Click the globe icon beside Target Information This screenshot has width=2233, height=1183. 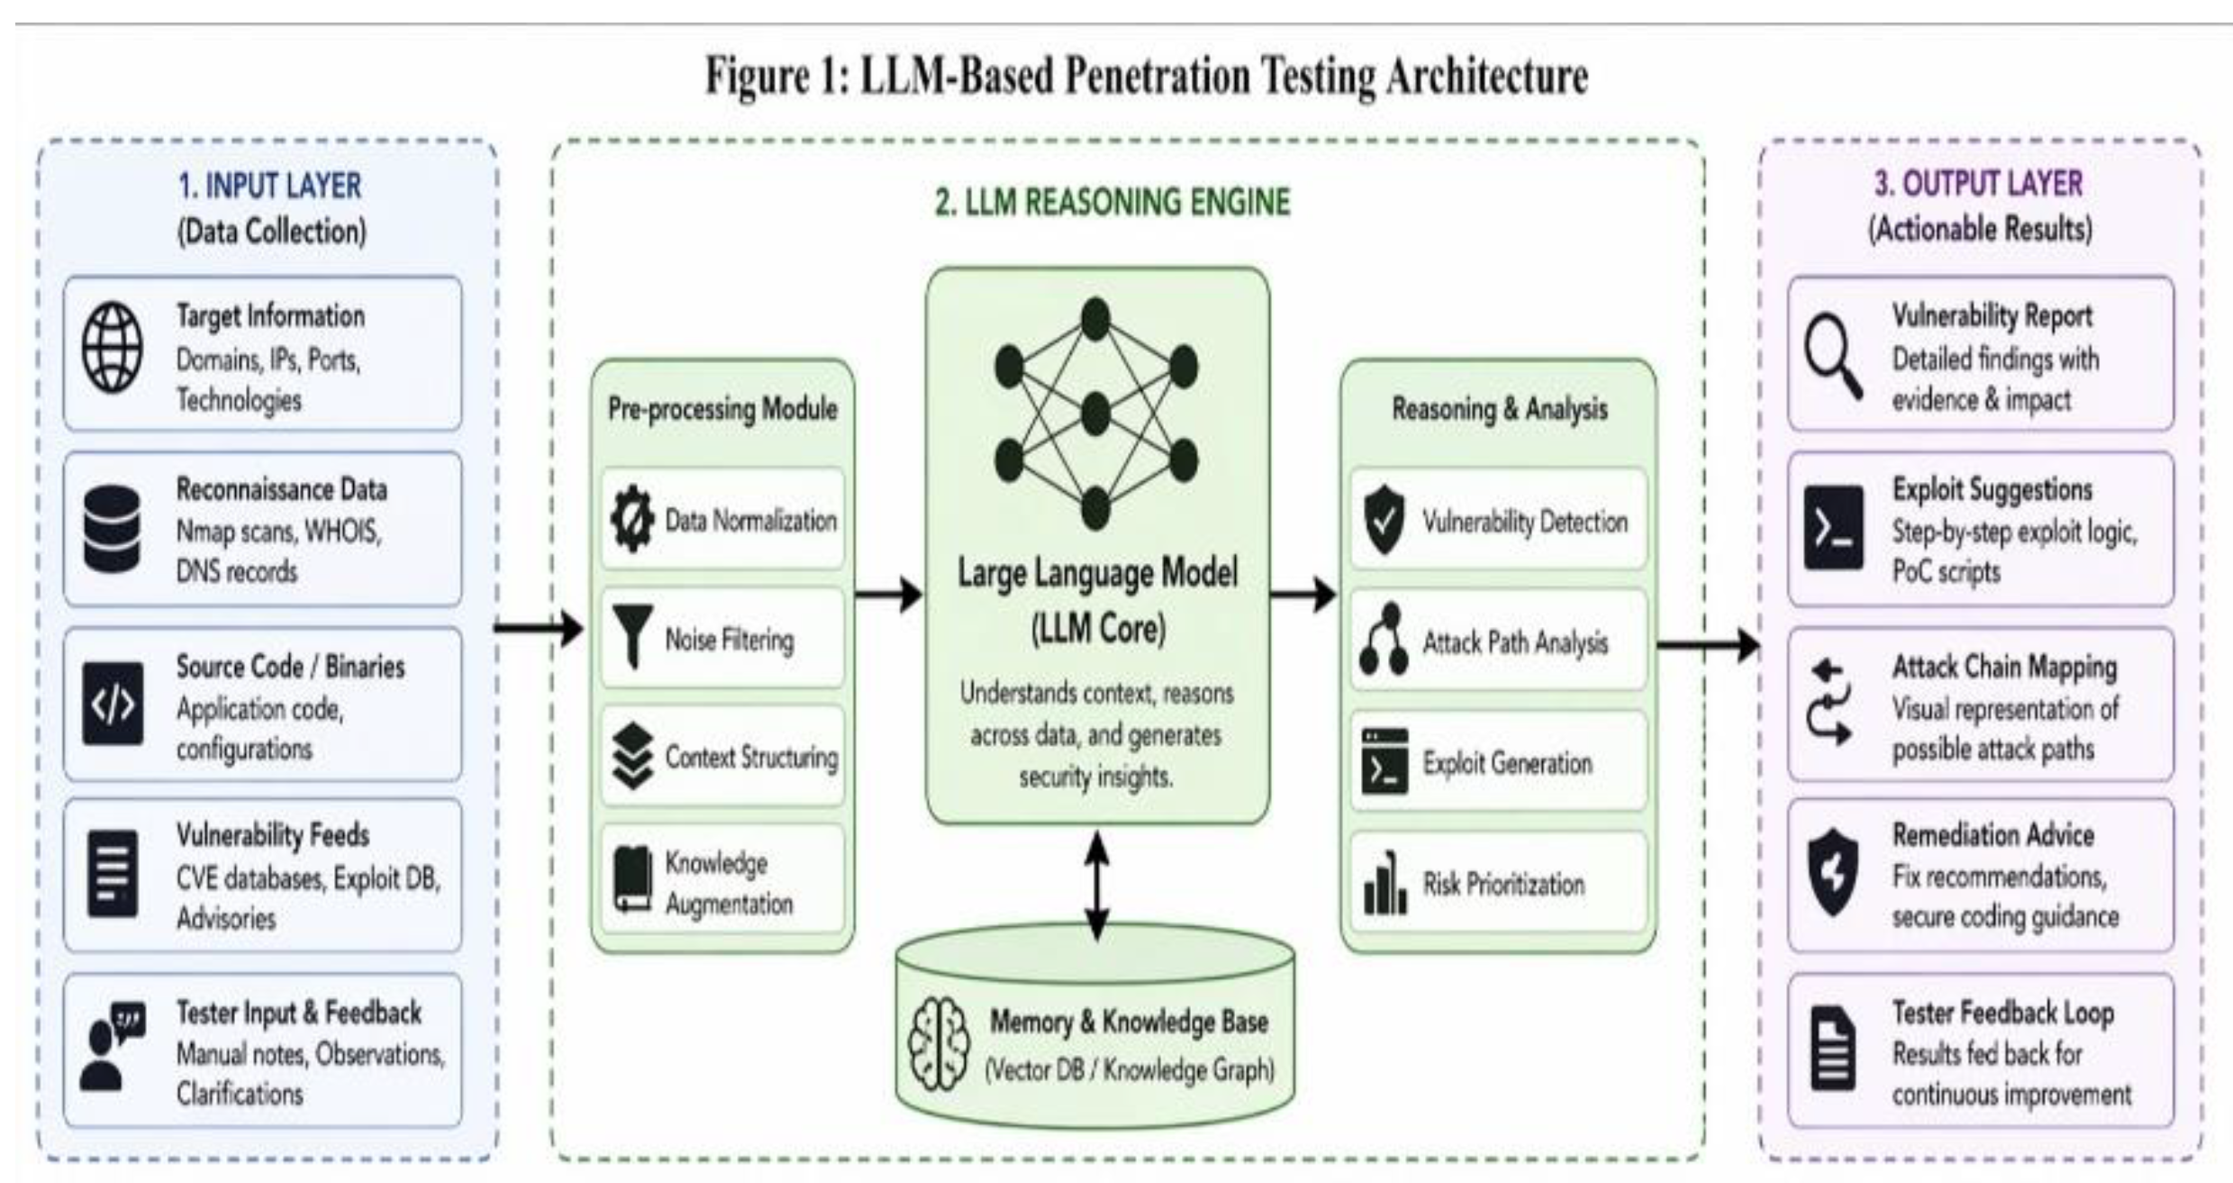[112, 348]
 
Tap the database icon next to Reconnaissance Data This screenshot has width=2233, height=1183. [112, 529]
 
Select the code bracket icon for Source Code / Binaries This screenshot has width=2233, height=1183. [112, 704]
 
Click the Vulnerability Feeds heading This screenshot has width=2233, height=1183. [272, 835]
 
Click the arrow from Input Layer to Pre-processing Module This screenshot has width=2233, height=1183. [539, 627]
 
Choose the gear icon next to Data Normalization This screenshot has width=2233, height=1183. [632, 519]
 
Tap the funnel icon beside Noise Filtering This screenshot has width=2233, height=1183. [632, 636]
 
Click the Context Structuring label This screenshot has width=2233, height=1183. [750, 758]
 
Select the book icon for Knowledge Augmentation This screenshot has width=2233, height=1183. [632, 879]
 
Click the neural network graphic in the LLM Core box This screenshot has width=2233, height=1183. [1095, 414]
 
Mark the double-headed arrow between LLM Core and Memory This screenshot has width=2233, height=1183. [1096, 885]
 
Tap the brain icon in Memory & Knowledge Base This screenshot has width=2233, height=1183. [939, 1045]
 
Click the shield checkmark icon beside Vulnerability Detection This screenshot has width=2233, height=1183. [1384, 520]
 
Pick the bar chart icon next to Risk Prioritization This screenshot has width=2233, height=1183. [1384, 883]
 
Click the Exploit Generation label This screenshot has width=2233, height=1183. [1507, 763]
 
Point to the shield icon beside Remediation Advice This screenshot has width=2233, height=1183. [1832, 872]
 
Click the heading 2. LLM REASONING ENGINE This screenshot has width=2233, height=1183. [1112, 202]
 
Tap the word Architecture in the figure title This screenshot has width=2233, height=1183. [1486, 76]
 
